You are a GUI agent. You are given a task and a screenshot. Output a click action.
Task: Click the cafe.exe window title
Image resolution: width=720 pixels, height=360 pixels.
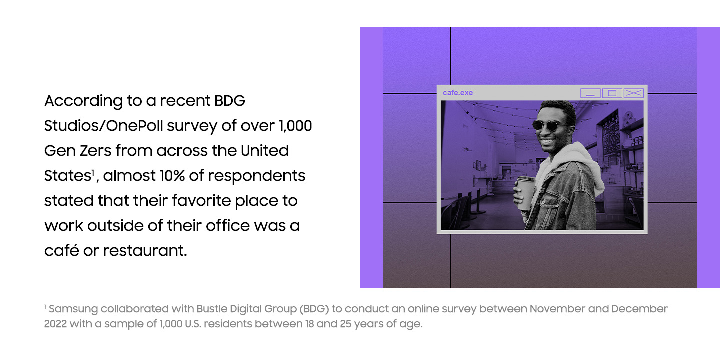pos(457,93)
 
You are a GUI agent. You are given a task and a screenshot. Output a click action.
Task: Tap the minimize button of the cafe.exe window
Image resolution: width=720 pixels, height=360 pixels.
pos(590,93)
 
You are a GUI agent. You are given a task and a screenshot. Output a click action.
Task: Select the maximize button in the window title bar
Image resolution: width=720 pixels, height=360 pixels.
pos(612,93)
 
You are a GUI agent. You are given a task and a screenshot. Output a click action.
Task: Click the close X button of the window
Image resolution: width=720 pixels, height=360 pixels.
pos(634,93)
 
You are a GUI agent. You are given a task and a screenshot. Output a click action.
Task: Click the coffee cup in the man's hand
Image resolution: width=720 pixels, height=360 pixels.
pos(525,192)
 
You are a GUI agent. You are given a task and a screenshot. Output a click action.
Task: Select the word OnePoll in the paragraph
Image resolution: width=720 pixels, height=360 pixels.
pos(134,125)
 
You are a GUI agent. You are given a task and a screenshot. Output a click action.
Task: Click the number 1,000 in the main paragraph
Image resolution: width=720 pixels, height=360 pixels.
pos(295,126)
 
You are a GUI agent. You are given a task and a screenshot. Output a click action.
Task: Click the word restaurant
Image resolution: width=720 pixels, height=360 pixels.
pos(145,250)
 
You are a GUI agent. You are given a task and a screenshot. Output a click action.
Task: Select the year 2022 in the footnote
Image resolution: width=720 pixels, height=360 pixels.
pos(55,324)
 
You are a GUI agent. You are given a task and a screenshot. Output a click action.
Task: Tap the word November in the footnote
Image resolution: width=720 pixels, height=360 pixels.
pos(557,309)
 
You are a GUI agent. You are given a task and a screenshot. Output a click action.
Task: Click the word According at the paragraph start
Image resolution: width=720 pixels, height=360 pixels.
pos(83,101)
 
